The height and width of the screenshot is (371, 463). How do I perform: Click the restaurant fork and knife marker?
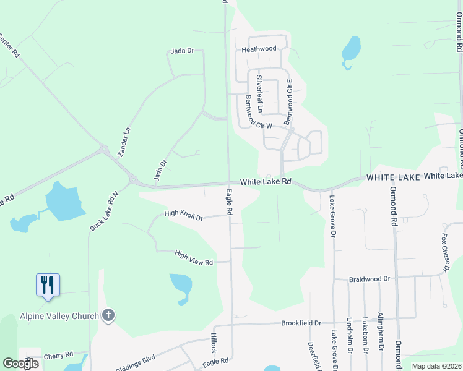pos(48,285)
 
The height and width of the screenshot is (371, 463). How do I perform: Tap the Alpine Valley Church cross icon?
pos(108,316)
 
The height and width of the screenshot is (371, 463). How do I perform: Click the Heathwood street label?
pos(259,49)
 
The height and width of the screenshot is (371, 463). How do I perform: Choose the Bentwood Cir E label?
pos(289,103)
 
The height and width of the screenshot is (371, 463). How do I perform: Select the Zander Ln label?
pos(125,142)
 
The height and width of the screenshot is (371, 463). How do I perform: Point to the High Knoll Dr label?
pos(183,215)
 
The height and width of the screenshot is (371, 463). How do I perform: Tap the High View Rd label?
pos(194,258)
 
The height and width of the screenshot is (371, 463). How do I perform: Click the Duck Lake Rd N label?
pos(103,211)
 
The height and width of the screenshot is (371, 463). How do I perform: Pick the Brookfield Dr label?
pos(301,323)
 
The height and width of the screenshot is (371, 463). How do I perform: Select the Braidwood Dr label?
pos(369,279)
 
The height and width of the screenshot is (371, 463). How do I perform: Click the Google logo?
pos(20,364)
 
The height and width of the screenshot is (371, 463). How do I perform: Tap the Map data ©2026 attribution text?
pos(436,366)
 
